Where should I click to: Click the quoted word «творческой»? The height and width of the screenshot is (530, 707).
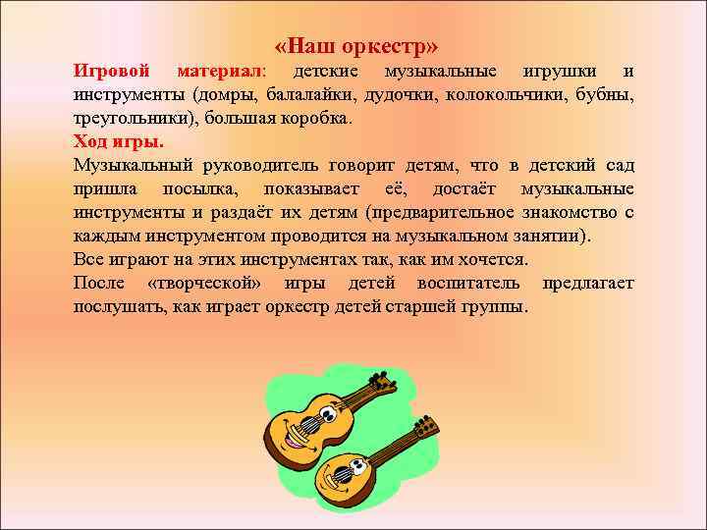[201, 283]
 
